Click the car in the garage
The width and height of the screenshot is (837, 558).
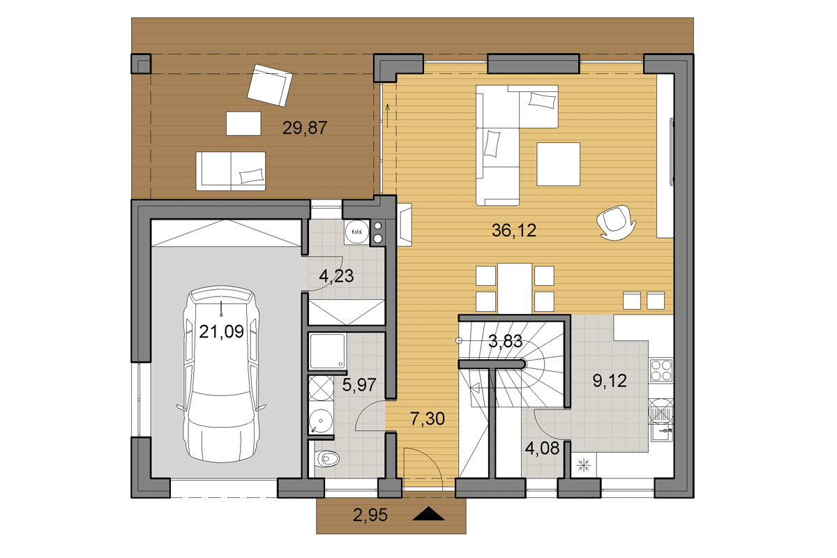pos(221,375)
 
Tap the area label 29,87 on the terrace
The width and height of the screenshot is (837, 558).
pos(305,128)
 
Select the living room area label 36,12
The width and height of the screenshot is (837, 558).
pos(514,230)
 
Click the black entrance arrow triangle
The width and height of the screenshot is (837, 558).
pos(428,513)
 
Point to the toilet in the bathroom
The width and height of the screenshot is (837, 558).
pos(327,458)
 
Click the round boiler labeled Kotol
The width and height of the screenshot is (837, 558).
pos(356,232)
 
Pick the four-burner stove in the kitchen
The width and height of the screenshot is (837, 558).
pos(661,370)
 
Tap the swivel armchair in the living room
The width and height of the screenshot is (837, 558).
pos(616,223)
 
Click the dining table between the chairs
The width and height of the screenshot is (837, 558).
pos(515,288)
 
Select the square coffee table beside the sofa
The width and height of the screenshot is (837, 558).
pos(558,164)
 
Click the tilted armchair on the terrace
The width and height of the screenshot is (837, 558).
pos(269,85)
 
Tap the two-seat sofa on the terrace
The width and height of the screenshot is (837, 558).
pos(231,171)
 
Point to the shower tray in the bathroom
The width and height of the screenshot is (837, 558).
pos(328,352)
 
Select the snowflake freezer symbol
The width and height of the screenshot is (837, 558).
pos(583,466)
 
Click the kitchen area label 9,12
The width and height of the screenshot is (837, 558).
pos(610,381)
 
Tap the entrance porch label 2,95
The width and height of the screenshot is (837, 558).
pos(370,515)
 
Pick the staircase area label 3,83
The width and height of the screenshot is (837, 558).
pos(505,341)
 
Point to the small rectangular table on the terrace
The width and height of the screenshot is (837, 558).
pos(243,123)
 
